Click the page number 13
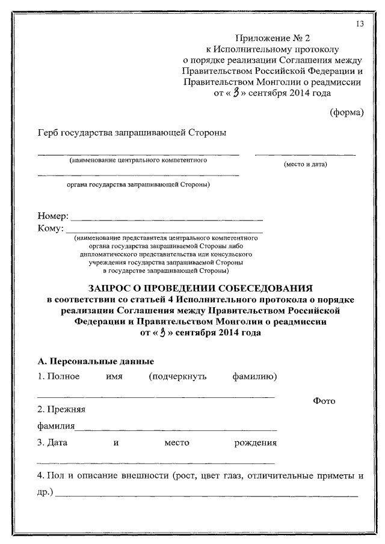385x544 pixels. [360, 24]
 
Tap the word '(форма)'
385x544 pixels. [346, 112]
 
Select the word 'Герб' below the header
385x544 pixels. [49, 133]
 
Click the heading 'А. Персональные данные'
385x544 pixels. [96, 361]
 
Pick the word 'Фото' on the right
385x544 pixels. [324, 401]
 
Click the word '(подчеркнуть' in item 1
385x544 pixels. [177, 376]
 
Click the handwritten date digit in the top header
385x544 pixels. [236, 93]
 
